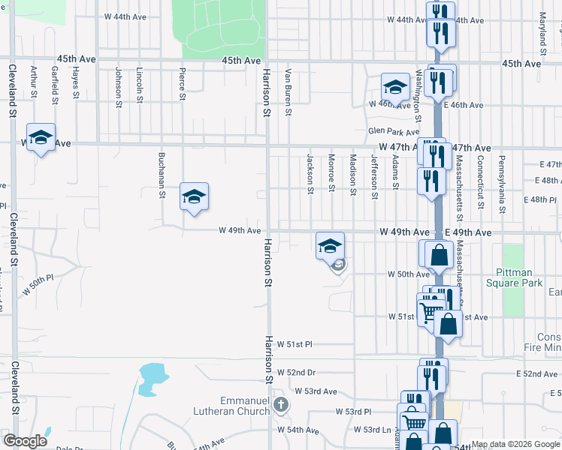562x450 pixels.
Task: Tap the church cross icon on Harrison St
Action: (281, 406)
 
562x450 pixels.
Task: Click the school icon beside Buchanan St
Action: (194, 197)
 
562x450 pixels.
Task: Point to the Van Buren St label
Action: (288, 93)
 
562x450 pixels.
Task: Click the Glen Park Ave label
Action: (387, 131)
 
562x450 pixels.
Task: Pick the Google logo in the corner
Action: (26, 441)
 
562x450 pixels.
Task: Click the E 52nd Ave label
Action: (536, 373)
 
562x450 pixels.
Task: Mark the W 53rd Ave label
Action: (316, 391)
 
